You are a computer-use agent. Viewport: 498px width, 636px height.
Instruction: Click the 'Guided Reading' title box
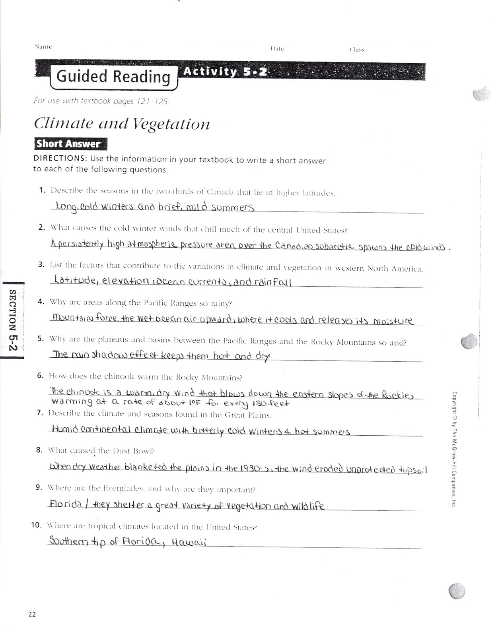click(113, 76)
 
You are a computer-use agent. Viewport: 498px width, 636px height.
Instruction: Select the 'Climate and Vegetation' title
click(122, 124)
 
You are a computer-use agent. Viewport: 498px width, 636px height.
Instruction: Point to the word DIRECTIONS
click(60, 158)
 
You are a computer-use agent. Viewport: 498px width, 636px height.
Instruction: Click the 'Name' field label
click(43, 47)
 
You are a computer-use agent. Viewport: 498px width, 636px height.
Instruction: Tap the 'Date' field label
click(277, 48)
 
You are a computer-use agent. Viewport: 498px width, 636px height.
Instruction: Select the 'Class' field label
click(357, 50)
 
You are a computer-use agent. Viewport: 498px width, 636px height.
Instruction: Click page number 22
click(32, 614)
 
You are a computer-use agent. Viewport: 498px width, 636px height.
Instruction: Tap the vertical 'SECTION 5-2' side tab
click(13, 320)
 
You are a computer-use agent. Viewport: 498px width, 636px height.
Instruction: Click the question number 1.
click(42, 190)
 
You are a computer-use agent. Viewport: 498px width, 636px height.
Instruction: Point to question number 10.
click(37, 525)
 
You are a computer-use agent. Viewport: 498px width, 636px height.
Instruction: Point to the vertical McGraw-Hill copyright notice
click(454, 449)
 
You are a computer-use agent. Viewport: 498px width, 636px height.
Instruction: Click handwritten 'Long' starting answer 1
click(66, 206)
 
